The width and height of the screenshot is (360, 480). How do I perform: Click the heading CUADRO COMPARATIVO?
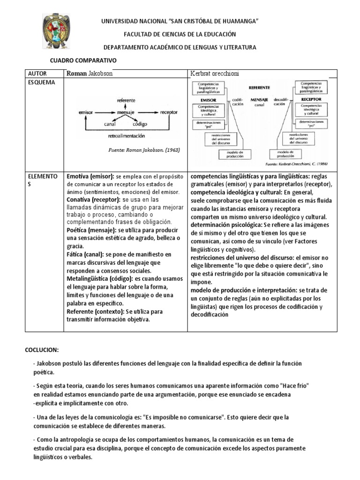click(83, 61)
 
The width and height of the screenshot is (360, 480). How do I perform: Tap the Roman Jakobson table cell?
click(90, 74)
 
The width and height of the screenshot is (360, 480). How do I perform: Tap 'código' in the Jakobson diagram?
click(139, 124)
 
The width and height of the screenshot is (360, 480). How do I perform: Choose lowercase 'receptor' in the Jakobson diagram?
click(169, 112)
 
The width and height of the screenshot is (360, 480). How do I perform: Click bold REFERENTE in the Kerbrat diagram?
click(259, 87)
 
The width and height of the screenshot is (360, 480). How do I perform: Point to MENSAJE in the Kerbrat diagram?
click(259, 100)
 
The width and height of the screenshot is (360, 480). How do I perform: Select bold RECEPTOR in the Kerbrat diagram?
click(311, 99)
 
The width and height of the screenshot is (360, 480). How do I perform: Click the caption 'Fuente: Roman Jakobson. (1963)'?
click(143, 150)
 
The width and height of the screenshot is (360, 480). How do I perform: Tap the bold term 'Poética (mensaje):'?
click(92, 231)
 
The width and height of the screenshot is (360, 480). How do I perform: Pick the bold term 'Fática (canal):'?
click(87, 254)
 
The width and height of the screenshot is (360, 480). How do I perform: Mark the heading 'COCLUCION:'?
click(42, 350)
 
